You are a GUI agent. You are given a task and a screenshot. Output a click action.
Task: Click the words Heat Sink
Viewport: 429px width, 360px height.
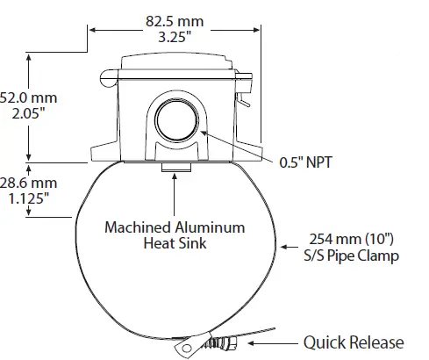click(175, 243)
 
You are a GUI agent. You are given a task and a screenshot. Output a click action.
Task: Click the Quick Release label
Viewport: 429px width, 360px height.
click(354, 342)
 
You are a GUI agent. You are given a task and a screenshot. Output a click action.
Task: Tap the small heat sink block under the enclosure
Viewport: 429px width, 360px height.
click(176, 165)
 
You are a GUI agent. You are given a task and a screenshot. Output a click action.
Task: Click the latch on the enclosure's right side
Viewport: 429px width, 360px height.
click(244, 102)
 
